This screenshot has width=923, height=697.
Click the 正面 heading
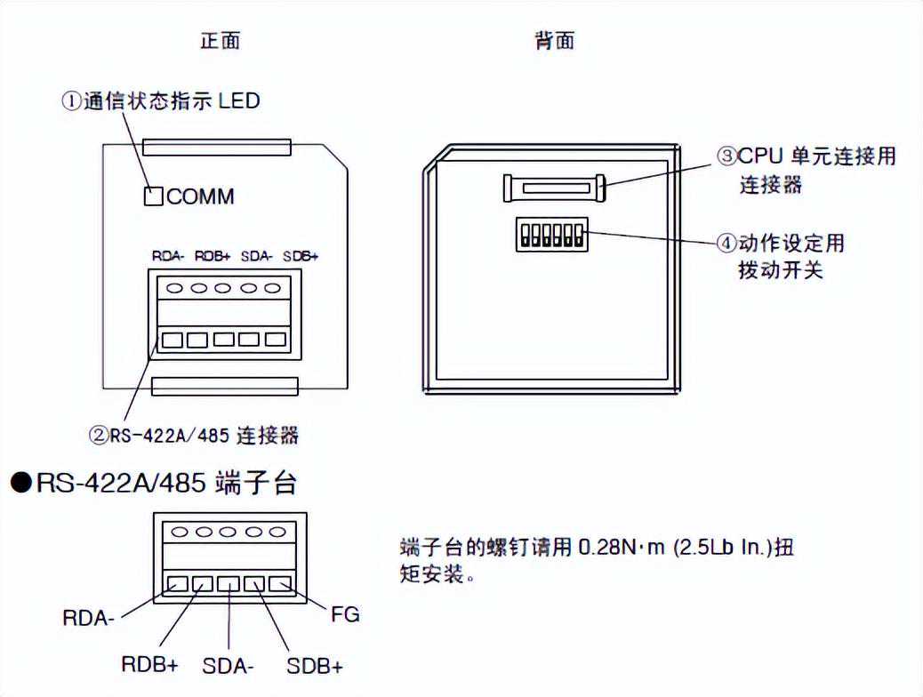(x=220, y=41)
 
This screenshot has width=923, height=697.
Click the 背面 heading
(x=554, y=41)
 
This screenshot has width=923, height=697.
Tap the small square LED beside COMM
(x=153, y=196)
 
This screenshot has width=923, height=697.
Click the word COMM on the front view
(x=201, y=196)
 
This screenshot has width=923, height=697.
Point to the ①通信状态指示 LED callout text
(x=160, y=100)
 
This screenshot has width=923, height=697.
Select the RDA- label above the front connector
(x=168, y=256)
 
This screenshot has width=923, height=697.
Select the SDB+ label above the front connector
(x=301, y=256)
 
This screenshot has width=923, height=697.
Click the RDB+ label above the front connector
(x=213, y=256)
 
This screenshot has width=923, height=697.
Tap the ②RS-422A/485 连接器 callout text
(x=193, y=435)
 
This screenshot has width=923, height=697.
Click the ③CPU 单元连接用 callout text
(x=807, y=157)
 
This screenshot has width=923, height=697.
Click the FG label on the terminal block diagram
(x=345, y=613)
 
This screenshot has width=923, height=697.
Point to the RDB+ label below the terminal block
(x=150, y=664)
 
